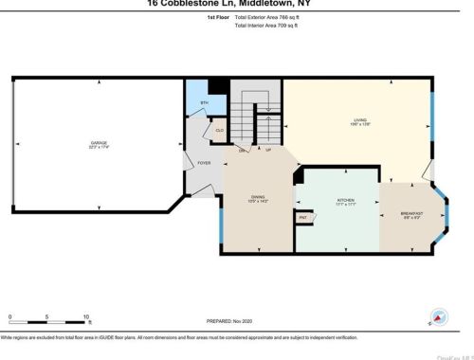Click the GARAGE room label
click(92, 143)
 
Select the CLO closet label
click(218, 130)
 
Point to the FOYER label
click(204, 163)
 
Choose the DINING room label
click(259, 198)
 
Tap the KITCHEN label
click(346, 201)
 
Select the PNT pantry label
click(303, 218)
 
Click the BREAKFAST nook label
click(410, 214)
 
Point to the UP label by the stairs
click(268, 151)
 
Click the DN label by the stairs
click(242, 151)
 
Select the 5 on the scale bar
click(47, 316)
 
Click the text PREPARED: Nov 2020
click(232, 321)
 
